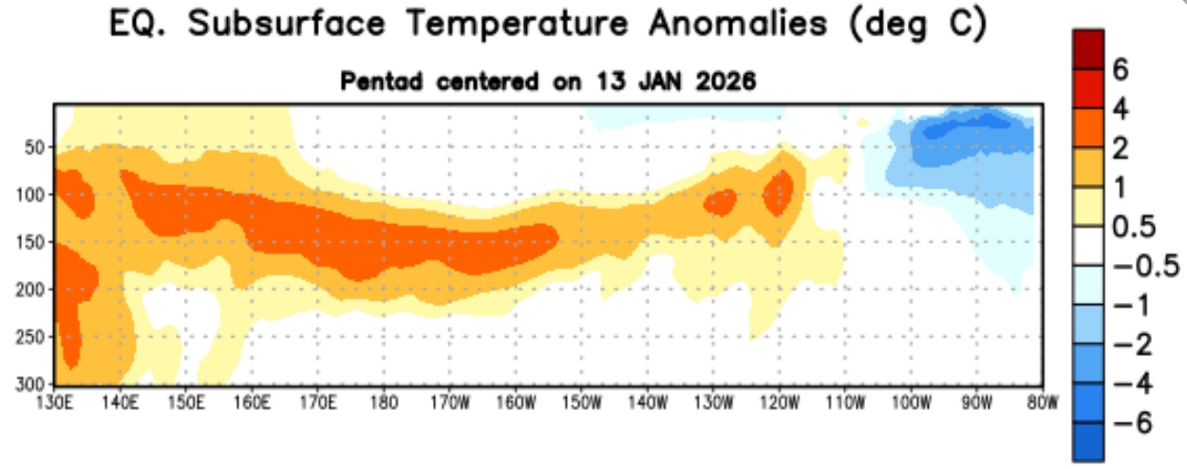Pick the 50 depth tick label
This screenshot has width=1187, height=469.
pyautogui.click(x=36, y=147)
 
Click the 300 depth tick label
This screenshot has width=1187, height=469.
pyautogui.click(x=31, y=383)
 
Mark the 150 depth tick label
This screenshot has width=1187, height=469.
pyautogui.click(x=31, y=241)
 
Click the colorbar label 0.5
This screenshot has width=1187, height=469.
pyautogui.click(x=1131, y=227)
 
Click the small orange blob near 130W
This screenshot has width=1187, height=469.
pyautogui.click(x=720, y=201)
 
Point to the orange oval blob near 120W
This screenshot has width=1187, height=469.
pyautogui.click(x=779, y=193)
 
